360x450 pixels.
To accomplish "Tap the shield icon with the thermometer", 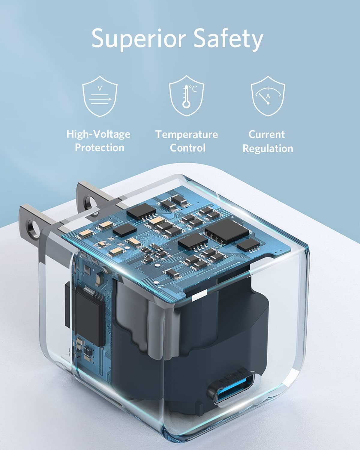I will click(x=186, y=96).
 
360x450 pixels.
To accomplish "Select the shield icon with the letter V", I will click(x=100, y=96).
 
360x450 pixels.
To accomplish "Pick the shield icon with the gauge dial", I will click(x=268, y=96).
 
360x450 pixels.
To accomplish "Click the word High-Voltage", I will click(x=98, y=134).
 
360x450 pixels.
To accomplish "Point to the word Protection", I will click(x=99, y=148).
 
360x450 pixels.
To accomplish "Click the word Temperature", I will click(x=187, y=134).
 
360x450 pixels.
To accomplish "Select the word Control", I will click(x=187, y=148).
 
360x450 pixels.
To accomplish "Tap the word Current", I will click(x=266, y=134).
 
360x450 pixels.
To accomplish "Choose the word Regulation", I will click(x=268, y=148).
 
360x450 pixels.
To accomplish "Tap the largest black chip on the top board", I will click(x=226, y=230).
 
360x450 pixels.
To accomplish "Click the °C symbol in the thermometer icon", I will click(x=193, y=88).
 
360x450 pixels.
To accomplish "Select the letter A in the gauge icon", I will click(x=268, y=96).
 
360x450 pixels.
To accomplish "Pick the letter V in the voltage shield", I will click(x=100, y=88).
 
